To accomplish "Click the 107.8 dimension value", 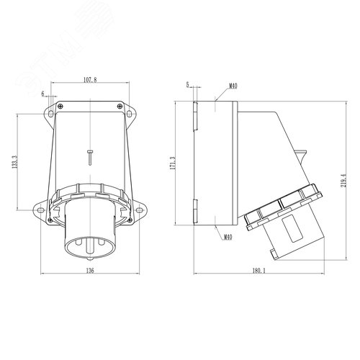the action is click(x=90, y=80).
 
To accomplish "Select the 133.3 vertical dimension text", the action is click(x=14, y=161).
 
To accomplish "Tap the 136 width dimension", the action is click(x=90, y=271).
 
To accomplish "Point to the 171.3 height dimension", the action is click(x=173, y=163).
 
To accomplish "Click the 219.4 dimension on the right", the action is click(x=343, y=181).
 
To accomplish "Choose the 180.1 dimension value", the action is click(x=258, y=271).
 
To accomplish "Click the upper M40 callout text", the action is click(x=233, y=86).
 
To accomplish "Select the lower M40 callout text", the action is click(x=228, y=237).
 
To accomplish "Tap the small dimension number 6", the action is click(x=43, y=94).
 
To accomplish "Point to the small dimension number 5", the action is click(x=188, y=85).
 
